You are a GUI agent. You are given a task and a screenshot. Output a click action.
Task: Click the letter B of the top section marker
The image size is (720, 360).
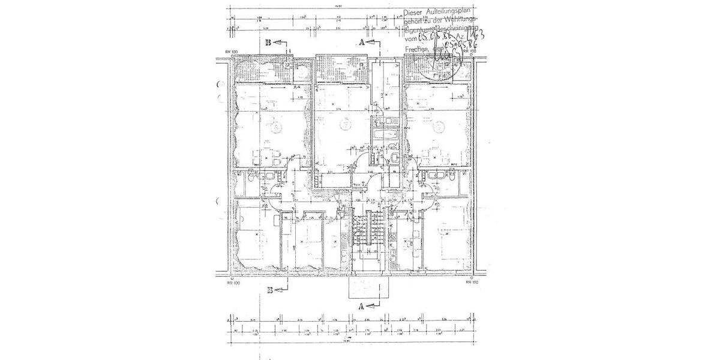[x=269, y=43]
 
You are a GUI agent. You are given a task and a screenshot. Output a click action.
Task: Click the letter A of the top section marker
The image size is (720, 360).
[x=362, y=43]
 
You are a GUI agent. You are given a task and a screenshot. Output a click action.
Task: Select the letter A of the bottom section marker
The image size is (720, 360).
[x=361, y=305]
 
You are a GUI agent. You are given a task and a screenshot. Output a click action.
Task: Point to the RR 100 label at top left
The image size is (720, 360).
[x=232, y=52]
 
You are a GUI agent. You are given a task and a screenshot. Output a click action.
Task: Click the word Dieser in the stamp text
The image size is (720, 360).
[x=413, y=11]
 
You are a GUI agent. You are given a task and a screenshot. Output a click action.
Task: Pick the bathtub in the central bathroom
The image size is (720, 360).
[x=384, y=139]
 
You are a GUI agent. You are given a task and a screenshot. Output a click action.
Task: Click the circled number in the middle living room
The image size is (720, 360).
[x=344, y=124]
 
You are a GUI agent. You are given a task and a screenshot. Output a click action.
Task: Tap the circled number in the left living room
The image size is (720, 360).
[x=274, y=127]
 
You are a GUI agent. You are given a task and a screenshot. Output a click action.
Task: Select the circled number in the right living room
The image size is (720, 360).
[x=439, y=126]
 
